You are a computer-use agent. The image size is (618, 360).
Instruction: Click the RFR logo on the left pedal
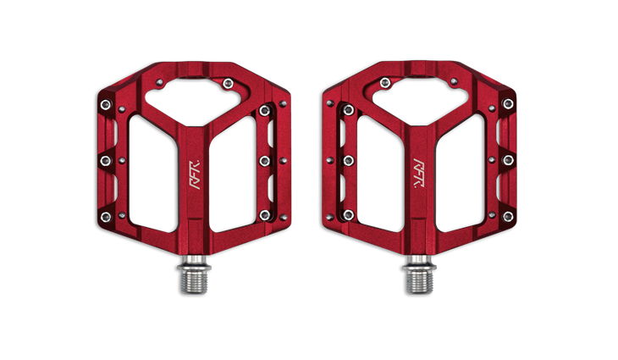pos(195,174)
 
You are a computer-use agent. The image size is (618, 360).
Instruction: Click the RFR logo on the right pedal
pos(418,173)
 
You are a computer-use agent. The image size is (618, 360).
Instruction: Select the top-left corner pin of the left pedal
pos(106,104)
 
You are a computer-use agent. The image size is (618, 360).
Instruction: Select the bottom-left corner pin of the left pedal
pos(106,217)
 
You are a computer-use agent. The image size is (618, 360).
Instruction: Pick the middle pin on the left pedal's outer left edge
pos(106,160)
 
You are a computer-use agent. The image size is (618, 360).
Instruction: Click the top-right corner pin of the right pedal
pos(508,103)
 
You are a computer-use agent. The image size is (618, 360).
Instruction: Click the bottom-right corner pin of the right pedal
pos(508,216)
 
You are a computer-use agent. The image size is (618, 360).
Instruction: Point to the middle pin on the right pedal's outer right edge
pos(508,160)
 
